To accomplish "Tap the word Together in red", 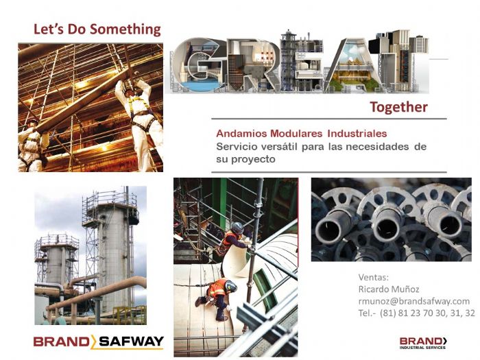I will (398, 107).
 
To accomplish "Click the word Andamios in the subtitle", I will (239, 133).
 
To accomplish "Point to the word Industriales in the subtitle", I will (356, 133).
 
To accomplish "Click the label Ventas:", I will (373, 278).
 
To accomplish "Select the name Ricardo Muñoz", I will (389, 289).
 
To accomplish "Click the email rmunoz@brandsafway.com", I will (413, 301).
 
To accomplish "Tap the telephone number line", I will (416, 313).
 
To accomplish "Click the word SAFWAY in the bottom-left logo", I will (130, 341).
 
